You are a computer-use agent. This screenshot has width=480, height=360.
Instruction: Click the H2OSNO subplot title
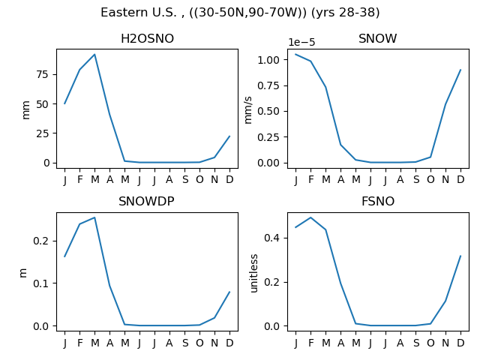(147, 38)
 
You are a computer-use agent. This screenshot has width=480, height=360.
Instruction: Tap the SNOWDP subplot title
(146, 202)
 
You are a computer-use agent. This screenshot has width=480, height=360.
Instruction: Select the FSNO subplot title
(378, 202)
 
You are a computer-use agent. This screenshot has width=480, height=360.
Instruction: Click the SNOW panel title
(378, 38)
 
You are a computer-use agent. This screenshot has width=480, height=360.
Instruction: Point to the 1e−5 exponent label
(301, 42)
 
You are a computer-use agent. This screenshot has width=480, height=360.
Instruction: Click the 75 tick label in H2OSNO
(43, 74)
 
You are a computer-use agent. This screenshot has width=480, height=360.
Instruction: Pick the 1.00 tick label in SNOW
(268, 60)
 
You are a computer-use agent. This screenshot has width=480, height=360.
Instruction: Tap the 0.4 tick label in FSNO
(271, 238)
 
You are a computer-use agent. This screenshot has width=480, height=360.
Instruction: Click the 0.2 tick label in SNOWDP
(41, 241)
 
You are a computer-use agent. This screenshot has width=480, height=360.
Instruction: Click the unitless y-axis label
(254, 273)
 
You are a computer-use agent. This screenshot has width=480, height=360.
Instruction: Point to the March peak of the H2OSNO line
(94, 55)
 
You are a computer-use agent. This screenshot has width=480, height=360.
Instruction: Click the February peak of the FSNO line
(310, 217)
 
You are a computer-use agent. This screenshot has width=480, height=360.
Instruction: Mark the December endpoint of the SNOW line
(460, 70)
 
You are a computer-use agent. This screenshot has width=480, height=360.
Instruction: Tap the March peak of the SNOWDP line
(94, 217)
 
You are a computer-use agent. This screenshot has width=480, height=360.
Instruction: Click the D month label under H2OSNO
(229, 179)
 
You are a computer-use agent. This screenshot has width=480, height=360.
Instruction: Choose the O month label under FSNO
(430, 343)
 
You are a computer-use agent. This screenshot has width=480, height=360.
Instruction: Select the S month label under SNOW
(415, 179)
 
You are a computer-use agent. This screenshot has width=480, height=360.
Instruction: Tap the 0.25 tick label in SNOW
(268, 137)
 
